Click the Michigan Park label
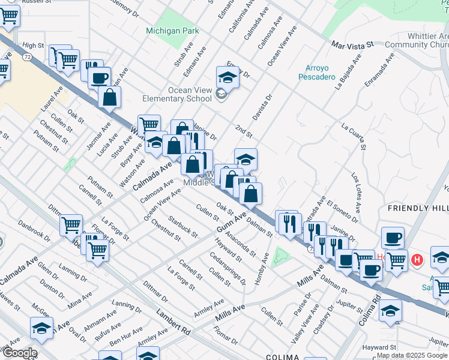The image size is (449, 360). (x=164, y=30)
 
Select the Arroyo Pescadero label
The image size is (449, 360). (x=316, y=72)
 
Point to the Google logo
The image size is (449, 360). (x=19, y=353)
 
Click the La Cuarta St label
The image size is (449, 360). (x=353, y=136)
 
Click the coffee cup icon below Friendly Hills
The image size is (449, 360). (x=393, y=238)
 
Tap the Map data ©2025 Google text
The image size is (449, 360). (x=412, y=355)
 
